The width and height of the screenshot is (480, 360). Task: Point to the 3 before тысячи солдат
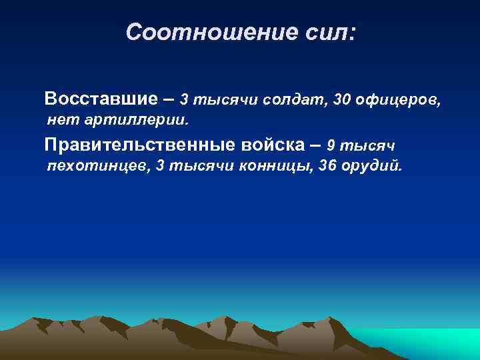(185, 100)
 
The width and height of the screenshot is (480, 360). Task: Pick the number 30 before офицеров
(341, 100)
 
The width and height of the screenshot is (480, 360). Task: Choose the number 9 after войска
(331, 145)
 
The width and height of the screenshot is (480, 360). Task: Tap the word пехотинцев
(97, 166)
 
